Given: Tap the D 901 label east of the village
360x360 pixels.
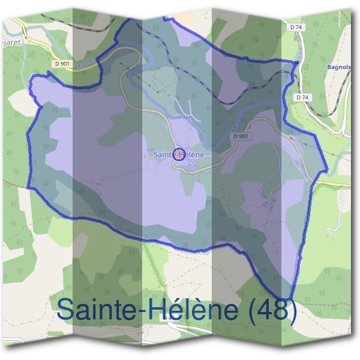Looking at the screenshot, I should tap(239, 136).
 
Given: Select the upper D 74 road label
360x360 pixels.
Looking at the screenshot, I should tap(295, 27).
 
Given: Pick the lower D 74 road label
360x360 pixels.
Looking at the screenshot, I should tap(302, 97).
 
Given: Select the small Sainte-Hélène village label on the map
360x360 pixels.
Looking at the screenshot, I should tap(179, 154).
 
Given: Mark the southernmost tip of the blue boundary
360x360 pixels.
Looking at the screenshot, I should tap(289, 298).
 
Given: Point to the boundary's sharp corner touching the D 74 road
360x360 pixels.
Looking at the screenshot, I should tap(297, 62).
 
